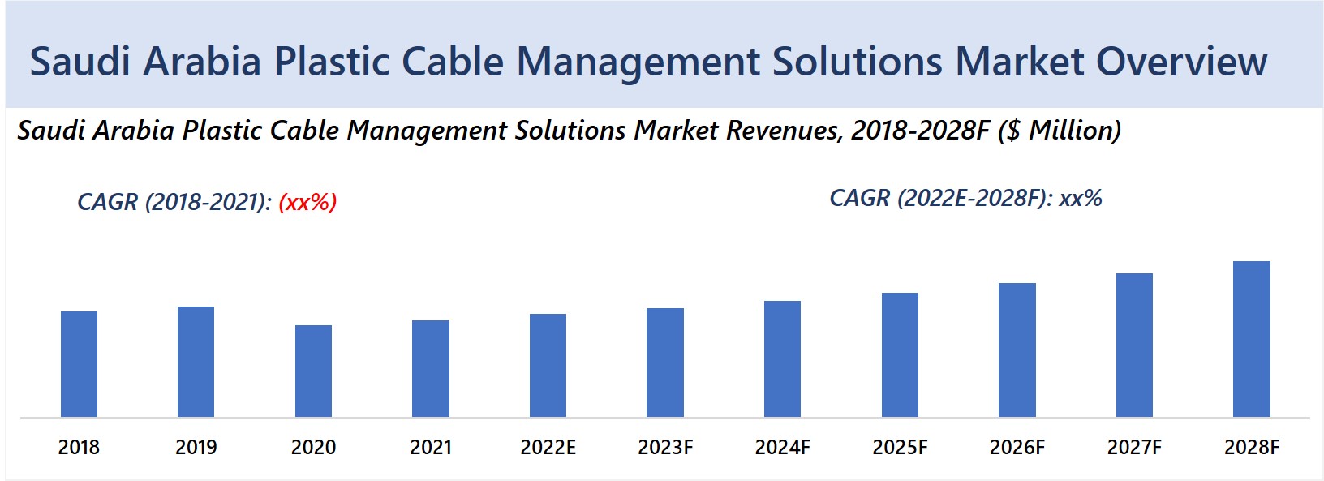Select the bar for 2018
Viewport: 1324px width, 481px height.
[x=79, y=364]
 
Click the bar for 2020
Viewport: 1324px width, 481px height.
[x=313, y=371]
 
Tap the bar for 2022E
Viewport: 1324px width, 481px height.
[x=548, y=365]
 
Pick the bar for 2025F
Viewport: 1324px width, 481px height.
[x=900, y=354]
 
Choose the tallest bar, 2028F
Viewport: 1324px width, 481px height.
[x=1251, y=339]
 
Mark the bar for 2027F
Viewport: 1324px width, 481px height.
[x=1134, y=345]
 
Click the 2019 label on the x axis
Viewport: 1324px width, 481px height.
[x=196, y=447]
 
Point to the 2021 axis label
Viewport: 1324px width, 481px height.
[x=431, y=447]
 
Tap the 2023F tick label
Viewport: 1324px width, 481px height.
[x=665, y=447]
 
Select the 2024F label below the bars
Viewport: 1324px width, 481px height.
[x=782, y=447]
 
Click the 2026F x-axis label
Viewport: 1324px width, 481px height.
[x=1017, y=447]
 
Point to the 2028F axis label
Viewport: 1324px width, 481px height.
[x=1251, y=447]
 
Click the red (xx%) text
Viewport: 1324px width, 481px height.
[x=307, y=201]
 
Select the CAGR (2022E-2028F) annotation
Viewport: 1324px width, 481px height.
[x=965, y=198]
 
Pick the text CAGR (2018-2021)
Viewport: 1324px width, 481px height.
[x=174, y=201]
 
